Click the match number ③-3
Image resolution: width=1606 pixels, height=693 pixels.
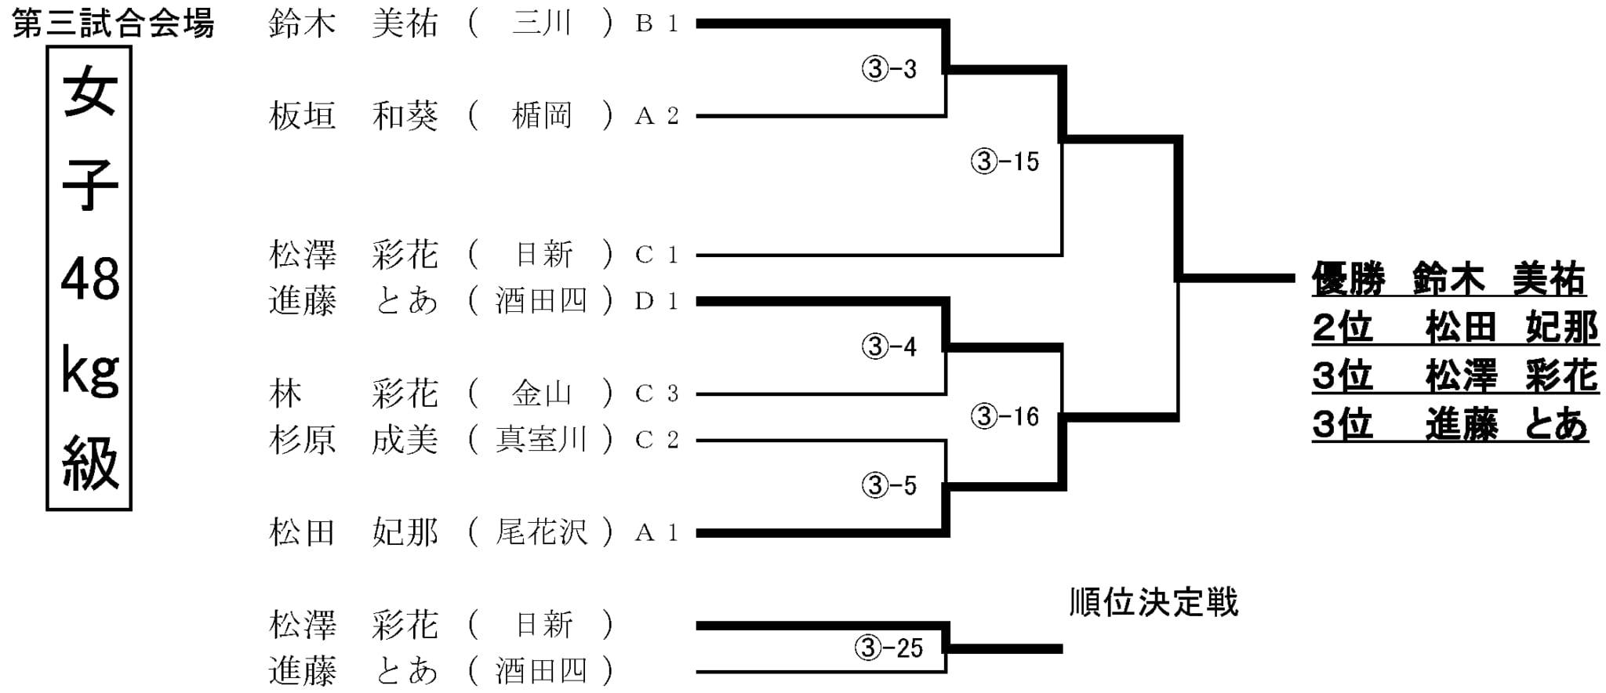pyautogui.click(x=889, y=69)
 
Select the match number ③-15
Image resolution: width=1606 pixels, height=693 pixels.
pyautogui.click(x=1005, y=161)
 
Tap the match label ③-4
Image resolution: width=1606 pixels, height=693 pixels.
pyautogui.click(x=889, y=346)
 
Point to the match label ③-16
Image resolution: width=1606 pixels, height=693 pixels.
pyautogui.click(x=1005, y=416)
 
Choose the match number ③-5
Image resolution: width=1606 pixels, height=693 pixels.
pyautogui.click(x=889, y=485)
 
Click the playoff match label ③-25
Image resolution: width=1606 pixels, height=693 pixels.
pyautogui.click(x=889, y=648)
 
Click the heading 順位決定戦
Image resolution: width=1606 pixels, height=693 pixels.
pyautogui.click(x=1154, y=603)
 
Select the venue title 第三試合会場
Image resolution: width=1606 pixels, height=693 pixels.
pyautogui.click(x=114, y=24)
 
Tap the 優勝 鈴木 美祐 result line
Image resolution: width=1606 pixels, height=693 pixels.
pyautogui.click(x=1449, y=280)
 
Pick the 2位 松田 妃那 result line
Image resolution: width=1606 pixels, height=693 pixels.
pyautogui.click(x=1455, y=328)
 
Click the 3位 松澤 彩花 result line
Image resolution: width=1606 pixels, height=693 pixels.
pyautogui.click(x=1455, y=376)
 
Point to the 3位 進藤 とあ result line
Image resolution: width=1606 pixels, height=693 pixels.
pyautogui.click(x=1450, y=424)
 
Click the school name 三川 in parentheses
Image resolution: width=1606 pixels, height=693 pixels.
pyautogui.click(x=541, y=24)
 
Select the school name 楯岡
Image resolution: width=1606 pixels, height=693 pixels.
pyautogui.click(x=541, y=116)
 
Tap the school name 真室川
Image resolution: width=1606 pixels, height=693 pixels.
pyautogui.click(x=541, y=440)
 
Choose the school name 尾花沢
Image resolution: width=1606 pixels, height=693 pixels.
pyautogui.click(x=541, y=532)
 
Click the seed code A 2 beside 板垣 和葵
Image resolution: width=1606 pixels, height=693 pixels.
pyautogui.click(x=657, y=116)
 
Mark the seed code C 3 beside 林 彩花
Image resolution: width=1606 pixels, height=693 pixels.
pyautogui.click(x=657, y=394)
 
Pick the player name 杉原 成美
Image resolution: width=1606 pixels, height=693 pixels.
pyautogui.click(x=354, y=440)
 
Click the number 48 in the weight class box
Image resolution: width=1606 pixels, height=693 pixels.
pyautogui.click(x=90, y=279)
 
